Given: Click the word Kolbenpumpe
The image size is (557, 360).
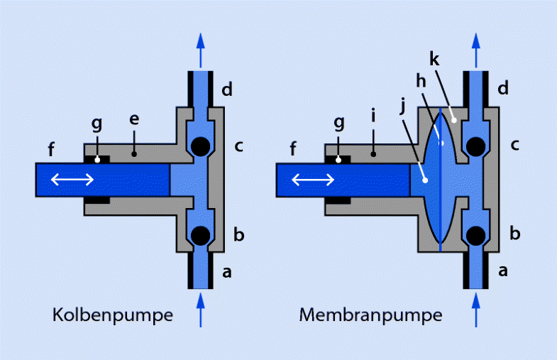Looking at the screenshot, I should pyautogui.click(x=112, y=315).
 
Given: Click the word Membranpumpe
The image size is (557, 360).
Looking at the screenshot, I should pyautogui.click(x=370, y=315).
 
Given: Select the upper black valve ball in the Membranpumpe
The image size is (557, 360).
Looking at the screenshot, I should pyautogui.click(x=475, y=146).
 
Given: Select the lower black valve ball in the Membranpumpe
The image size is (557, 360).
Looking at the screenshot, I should pyautogui.click(x=475, y=234).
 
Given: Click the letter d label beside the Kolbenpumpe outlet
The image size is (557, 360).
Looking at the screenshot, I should pyautogui.click(x=226, y=90).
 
